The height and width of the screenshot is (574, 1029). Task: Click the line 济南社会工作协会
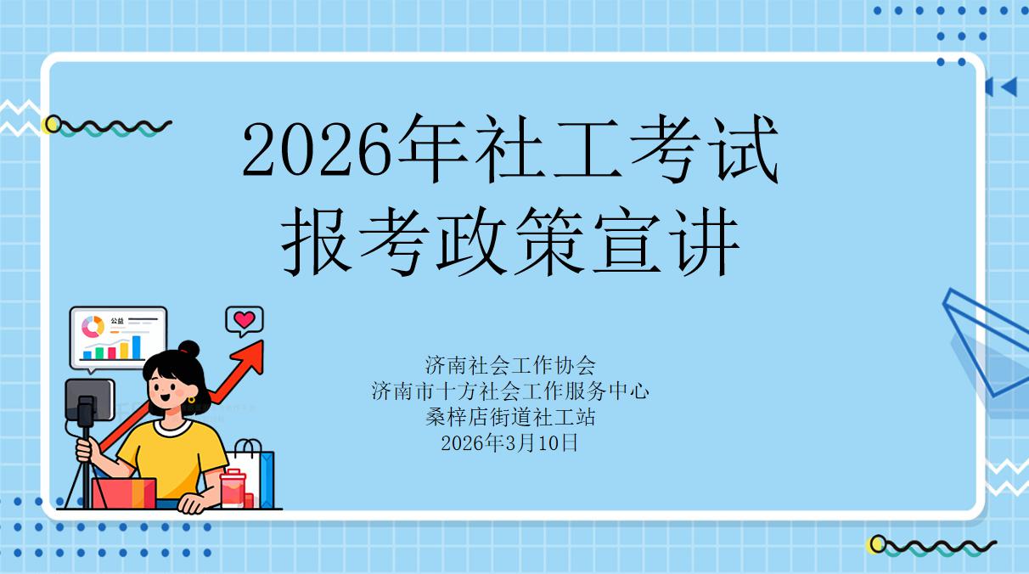pos(510,365)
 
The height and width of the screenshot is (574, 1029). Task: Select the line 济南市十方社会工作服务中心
pos(510,391)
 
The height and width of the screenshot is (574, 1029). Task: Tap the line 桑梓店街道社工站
pos(510,417)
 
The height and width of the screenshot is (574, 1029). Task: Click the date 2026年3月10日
pos(510,442)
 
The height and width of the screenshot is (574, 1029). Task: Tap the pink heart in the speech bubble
pos(245,320)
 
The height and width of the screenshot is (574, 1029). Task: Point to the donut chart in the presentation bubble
pos(92,326)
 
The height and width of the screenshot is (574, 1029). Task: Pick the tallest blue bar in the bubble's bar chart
pos(137,346)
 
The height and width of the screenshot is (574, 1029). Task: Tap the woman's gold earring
pos(192,399)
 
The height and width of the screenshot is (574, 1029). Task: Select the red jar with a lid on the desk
pos(233,489)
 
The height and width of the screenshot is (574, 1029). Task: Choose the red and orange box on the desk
pos(124,492)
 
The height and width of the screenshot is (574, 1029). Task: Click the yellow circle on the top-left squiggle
pos(53,125)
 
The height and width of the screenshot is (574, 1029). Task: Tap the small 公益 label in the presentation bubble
pos(116,321)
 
